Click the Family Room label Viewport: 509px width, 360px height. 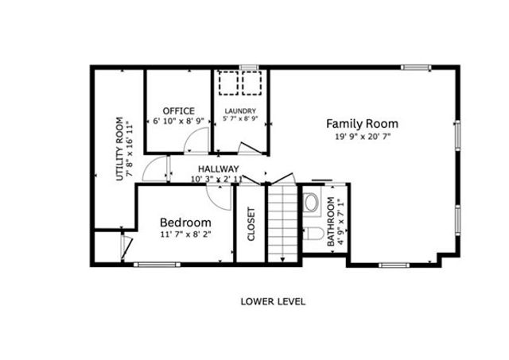pos(362,124)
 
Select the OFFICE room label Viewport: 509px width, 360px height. pos(178,110)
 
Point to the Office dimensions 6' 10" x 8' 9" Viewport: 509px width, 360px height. pos(178,122)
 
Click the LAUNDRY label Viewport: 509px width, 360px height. pos(239,110)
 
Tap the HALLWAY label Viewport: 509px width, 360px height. pos(218,168)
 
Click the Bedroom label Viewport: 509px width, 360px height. pos(185,223)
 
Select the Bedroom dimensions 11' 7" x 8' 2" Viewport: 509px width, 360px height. pos(185,235)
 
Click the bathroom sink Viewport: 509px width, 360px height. pos(311,202)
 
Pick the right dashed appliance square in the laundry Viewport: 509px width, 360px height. pos(254,83)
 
